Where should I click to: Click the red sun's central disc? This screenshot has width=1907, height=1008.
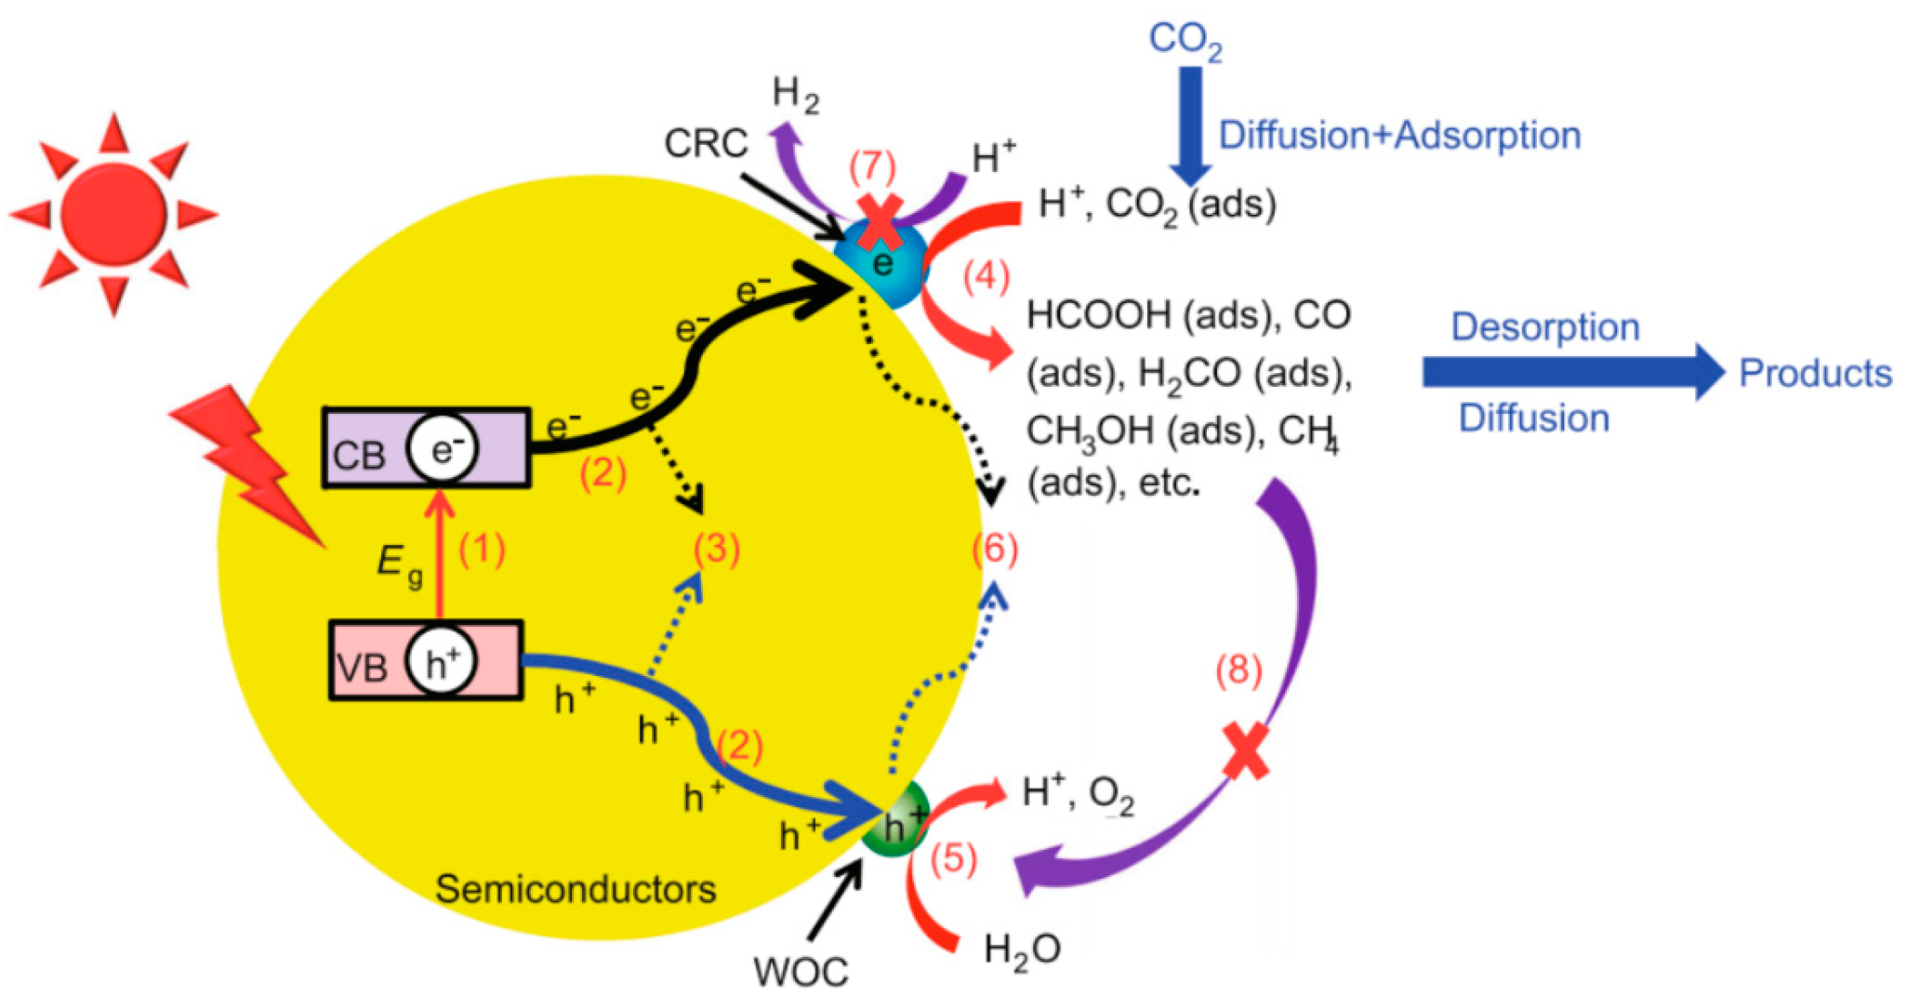pyautogui.click(x=113, y=215)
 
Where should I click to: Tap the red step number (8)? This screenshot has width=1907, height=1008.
pyautogui.click(x=1238, y=670)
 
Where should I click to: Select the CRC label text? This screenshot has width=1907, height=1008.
pyautogui.click(x=706, y=143)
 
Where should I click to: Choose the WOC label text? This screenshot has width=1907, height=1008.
pyautogui.click(x=801, y=973)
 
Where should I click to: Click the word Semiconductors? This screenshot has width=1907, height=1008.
pyautogui.click(x=576, y=890)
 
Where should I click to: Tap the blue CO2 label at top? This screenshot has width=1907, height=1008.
pyautogui.click(x=1185, y=40)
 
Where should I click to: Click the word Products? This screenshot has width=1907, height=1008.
pyautogui.click(x=1815, y=373)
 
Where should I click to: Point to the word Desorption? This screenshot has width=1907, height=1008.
pyautogui.click(x=1544, y=327)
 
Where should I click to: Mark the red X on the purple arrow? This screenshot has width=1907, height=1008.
pyautogui.click(x=1245, y=751)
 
